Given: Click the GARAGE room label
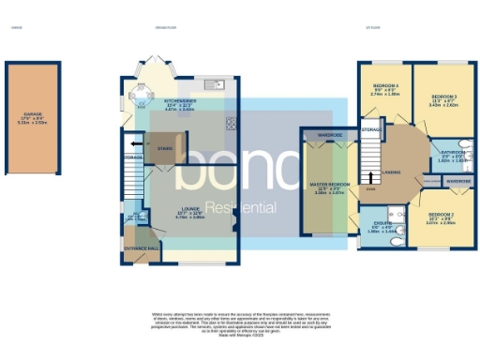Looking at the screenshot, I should click(33, 116).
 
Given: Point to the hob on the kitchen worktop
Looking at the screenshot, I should click(231, 122).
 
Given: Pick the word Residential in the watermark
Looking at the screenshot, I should click(240, 207).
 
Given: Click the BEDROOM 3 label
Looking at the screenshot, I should click(443, 97).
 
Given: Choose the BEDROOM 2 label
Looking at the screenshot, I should click(440, 215).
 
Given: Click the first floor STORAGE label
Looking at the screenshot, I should click(371, 127).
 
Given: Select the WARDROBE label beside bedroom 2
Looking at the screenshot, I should click(457, 178).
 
